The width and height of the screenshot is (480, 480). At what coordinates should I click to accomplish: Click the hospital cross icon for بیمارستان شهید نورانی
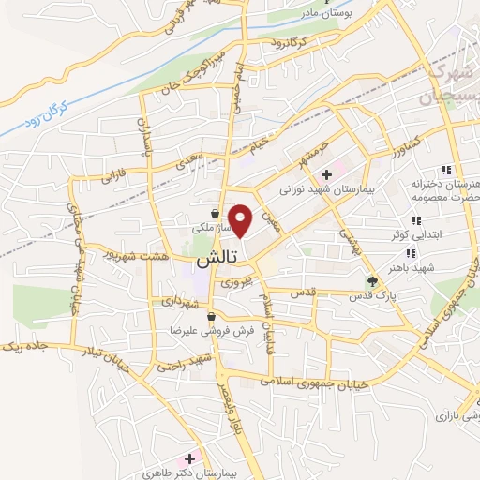click(326, 174)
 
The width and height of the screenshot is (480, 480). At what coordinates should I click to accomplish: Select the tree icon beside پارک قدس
click(373, 280)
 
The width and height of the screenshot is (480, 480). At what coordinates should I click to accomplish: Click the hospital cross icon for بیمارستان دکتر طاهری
click(190, 459)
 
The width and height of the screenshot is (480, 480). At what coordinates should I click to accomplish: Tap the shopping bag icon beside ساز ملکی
click(217, 213)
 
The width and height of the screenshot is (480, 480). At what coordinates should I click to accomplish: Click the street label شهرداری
click(179, 302)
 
